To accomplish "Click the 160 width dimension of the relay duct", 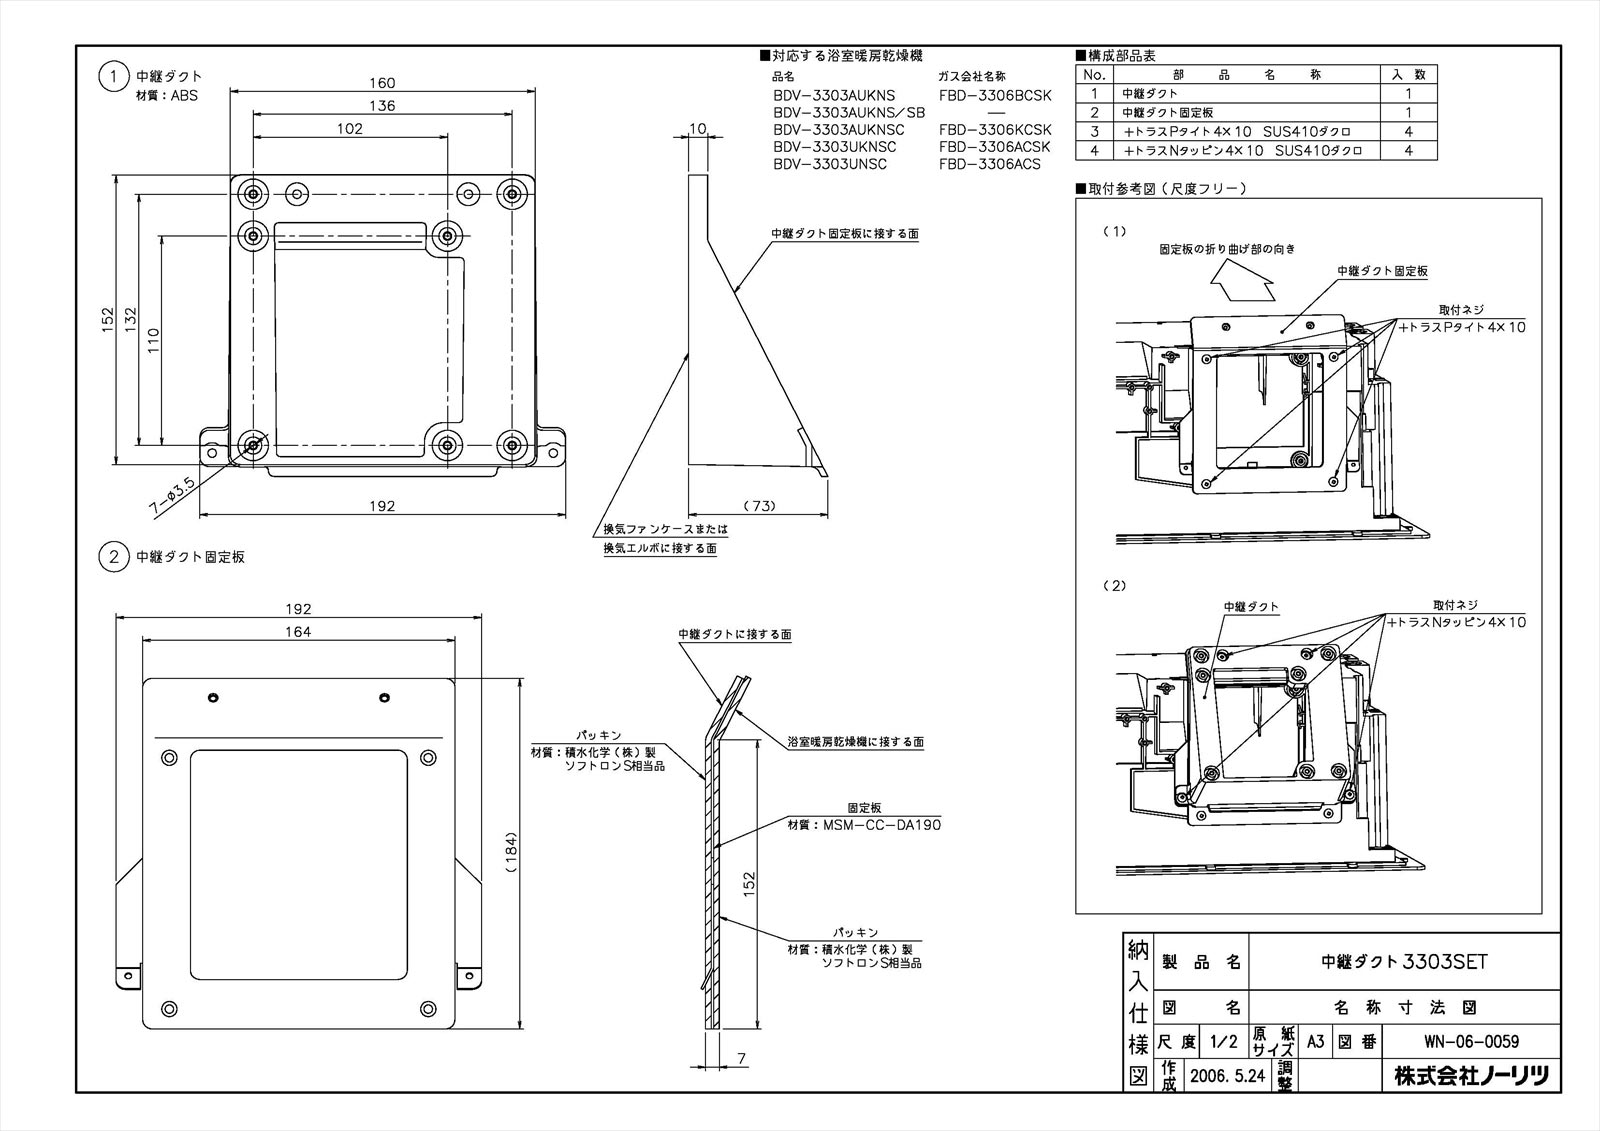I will pyautogui.click(x=382, y=83).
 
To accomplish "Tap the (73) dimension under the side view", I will pyautogui.click(x=760, y=505).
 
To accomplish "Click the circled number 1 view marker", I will pyautogui.click(x=113, y=76).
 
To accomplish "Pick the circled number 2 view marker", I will pyautogui.click(x=113, y=557).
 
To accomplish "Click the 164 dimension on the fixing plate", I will pyautogui.click(x=297, y=631).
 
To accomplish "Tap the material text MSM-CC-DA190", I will pyautogui.click(x=878, y=825).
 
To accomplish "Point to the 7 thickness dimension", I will pyautogui.click(x=740, y=1057).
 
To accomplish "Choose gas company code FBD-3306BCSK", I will pyautogui.click(x=995, y=95).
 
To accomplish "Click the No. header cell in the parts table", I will pyautogui.click(x=1094, y=75).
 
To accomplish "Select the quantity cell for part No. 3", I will pyautogui.click(x=1408, y=132).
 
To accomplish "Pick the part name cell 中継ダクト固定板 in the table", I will pyautogui.click(x=1167, y=113).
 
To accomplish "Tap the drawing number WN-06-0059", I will pyautogui.click(x=1470, y=1042).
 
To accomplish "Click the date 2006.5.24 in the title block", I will pyautogui.click(x=1228, y=1076).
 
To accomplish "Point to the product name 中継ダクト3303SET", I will pyautogui.click(x=1404, y=962).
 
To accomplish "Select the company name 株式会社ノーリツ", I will pyautogui.click(x=1471, y=1076).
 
